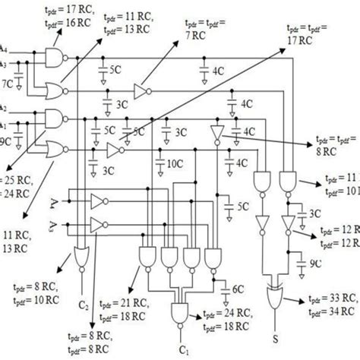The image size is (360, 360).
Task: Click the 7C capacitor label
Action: pyautogui.click(x=8, y=79)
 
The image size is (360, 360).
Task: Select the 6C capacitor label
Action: pyautogui.click(x=238, y=289)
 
